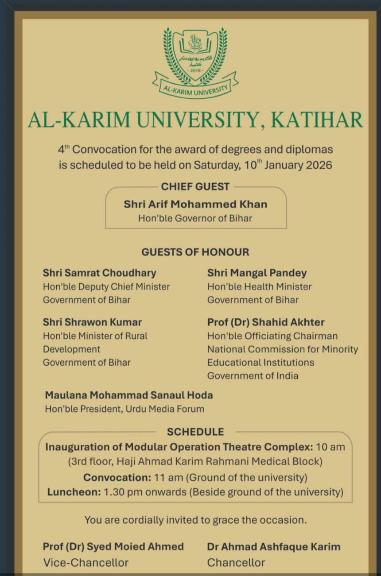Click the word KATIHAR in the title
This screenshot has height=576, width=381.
(316, 120)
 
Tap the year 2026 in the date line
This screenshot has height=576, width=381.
(317, 165)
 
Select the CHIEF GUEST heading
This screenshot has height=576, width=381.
(195, 186)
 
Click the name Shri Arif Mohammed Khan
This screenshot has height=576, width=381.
(195, 204)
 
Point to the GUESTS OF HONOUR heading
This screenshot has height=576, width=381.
(195, 252)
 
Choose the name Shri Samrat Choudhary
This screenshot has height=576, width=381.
(99, 273)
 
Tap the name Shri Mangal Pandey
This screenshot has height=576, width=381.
(257, 273)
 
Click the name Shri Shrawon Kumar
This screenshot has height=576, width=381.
(92, 322)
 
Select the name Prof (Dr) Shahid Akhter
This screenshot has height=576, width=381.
(266, 322)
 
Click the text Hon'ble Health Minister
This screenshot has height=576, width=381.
(259, 286)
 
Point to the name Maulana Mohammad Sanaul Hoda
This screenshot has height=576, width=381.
(128, 394)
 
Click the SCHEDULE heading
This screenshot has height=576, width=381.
(195, 432)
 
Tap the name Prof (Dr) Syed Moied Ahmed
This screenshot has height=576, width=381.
(113, 546)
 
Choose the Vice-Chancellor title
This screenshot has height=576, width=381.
(86, 563)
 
